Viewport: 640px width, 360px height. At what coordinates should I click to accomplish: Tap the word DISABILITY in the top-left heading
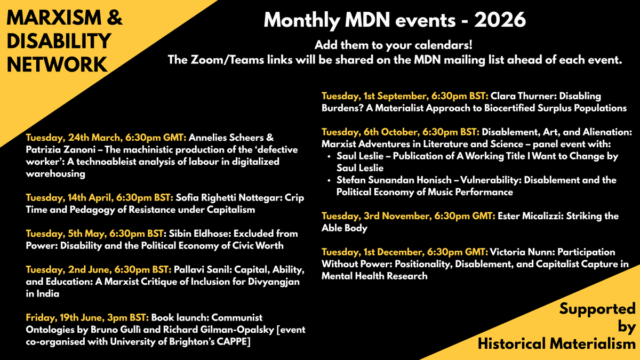click(59, 41)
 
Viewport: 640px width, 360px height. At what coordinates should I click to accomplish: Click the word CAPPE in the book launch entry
click(234, 342)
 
